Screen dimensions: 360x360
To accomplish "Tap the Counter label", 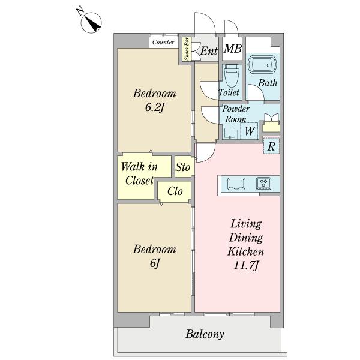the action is point(163,42).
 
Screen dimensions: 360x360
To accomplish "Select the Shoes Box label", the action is point(187,49).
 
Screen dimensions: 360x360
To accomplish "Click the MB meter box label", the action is point(233,49).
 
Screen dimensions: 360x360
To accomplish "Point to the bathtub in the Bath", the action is point(262,64).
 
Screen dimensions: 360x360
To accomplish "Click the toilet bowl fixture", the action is point(232,76).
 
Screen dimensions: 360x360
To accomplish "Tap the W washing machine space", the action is point(250,131).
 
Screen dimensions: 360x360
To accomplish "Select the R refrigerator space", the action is point(271,146).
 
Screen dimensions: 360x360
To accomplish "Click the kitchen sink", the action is point(236,184).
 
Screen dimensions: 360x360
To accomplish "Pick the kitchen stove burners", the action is point(264,184).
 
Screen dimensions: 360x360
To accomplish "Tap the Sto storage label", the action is point(183,167).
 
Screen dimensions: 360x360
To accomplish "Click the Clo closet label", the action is point(175,191).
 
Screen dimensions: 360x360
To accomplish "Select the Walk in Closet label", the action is point(139,173).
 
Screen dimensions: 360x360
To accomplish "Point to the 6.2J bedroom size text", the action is point(155,107).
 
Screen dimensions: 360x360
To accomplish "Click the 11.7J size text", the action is point(246,265).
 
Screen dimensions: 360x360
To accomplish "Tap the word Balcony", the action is point(205,334).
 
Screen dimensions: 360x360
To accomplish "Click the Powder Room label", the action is point(236,114).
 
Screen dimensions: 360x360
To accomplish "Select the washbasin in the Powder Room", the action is point(230,133).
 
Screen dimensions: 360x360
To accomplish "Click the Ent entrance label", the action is point(209,51).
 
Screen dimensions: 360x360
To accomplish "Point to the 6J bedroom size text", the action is point(155,263).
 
